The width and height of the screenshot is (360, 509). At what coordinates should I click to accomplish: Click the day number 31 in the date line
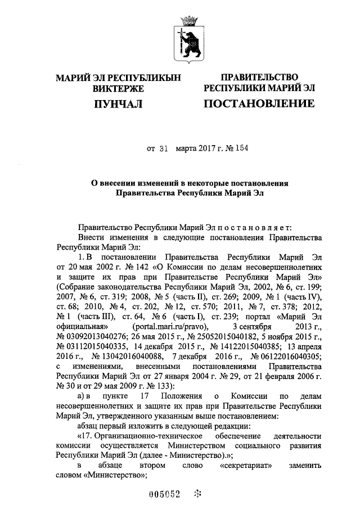pos(164,149)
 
